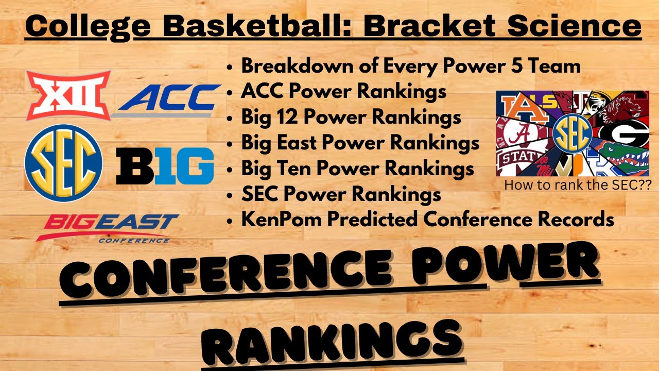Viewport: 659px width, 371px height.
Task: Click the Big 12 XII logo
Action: coord(68,95)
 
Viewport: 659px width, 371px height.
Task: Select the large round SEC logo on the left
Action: coord(63,163)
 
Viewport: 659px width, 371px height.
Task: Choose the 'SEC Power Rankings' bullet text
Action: coord(341,194)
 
